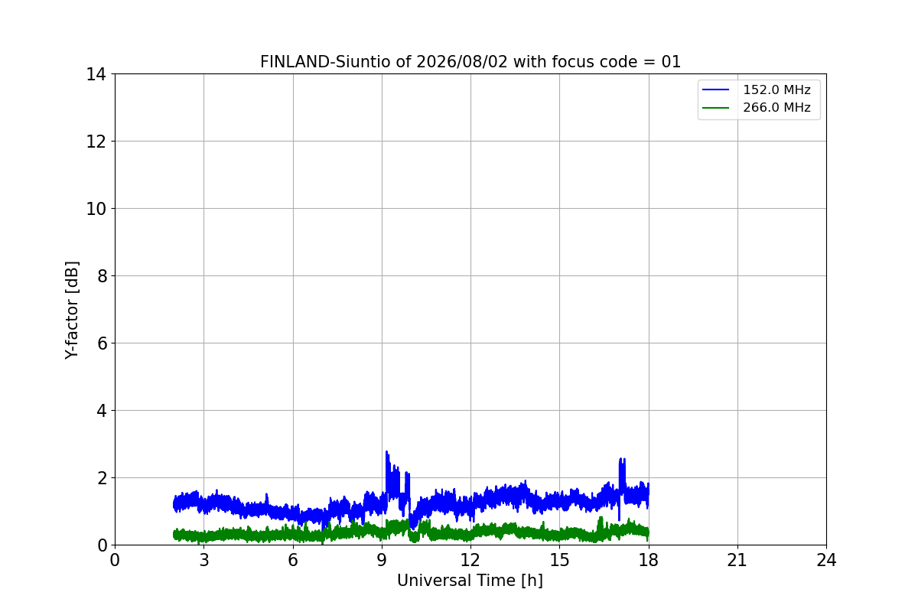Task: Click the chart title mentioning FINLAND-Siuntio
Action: (470, 62)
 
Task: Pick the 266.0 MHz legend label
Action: (776, 107)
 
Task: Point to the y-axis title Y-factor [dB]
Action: (72, 311)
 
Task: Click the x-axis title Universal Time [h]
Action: (470, 581)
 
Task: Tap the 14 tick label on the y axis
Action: (96, 75)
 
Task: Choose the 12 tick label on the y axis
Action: (96, 142)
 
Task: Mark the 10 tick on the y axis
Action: (96, 209)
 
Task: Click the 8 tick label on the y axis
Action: (102, 276)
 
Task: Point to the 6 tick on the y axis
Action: (102, 343)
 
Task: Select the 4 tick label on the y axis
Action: (102, 411)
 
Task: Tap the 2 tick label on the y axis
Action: (102, 478)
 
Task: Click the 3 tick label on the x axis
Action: (204, 560)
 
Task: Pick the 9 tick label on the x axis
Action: (382, 560)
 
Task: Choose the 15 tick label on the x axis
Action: (560, 560)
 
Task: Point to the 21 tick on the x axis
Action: (737, 560)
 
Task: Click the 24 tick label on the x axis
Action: (826, 560)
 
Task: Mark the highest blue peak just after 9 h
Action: (386, 451)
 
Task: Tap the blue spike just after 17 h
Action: (622, 460)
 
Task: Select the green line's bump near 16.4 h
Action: (601, 518)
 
